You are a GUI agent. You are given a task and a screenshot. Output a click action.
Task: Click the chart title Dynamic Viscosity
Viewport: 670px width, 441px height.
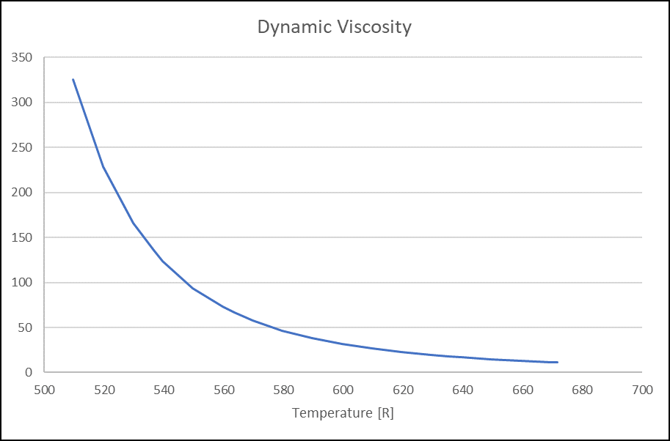pyautogui.click(x=334, y=28)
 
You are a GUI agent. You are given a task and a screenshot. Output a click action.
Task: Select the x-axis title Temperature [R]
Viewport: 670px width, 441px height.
pyautogui.click(x=343, y=413)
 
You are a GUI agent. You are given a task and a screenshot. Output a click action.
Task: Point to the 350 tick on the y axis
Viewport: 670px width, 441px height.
pyautogui.click(x=23, y=57)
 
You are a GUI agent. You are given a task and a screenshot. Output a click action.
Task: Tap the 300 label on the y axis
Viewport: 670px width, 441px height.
pyautogui.click(x=23, y=103)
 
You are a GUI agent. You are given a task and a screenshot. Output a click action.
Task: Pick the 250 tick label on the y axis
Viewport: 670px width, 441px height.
pyautogui.click(x=23, y=147)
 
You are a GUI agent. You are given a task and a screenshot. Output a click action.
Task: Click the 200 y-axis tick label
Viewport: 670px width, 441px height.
pyautogui.click(x=23, y=193)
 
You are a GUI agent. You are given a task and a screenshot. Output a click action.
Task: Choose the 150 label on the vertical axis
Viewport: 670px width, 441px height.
pyautogui.click(x=23, y=237)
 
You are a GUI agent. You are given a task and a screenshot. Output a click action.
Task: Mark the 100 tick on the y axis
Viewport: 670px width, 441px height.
pyautogui.click(x=23, y=283)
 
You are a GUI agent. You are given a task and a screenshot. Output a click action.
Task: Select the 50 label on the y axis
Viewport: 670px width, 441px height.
pyautogui.click(x=26, y=327)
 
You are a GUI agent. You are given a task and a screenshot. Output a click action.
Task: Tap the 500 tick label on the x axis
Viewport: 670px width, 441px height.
pyautogui.click(x=45, y=390)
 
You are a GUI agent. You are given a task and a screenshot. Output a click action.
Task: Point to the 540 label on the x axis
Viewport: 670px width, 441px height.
pyautogui.click(x=164, y=390)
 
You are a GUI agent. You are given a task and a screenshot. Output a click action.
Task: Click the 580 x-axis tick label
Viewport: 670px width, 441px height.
pyautogui.click(x=283, y=390)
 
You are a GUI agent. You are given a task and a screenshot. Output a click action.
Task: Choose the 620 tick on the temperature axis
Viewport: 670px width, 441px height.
pyautogui.click(x=403, y=390)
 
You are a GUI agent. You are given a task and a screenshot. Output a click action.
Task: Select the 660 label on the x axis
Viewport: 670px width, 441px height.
pyautogui.click(x=522, y=390)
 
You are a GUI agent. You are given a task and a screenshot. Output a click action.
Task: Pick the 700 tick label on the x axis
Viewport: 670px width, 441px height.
pyautogui.click(x=641, y=390)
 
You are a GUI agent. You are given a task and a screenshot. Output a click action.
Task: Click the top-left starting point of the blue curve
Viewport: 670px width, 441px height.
pyautogui.click(x=73, y=79)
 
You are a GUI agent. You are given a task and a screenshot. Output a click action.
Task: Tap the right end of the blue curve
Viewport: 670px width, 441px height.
pyautogui.click(x=558, y=362)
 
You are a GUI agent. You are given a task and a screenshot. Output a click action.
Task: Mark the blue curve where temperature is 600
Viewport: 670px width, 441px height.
pyautogui.click(x=343, y=344)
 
